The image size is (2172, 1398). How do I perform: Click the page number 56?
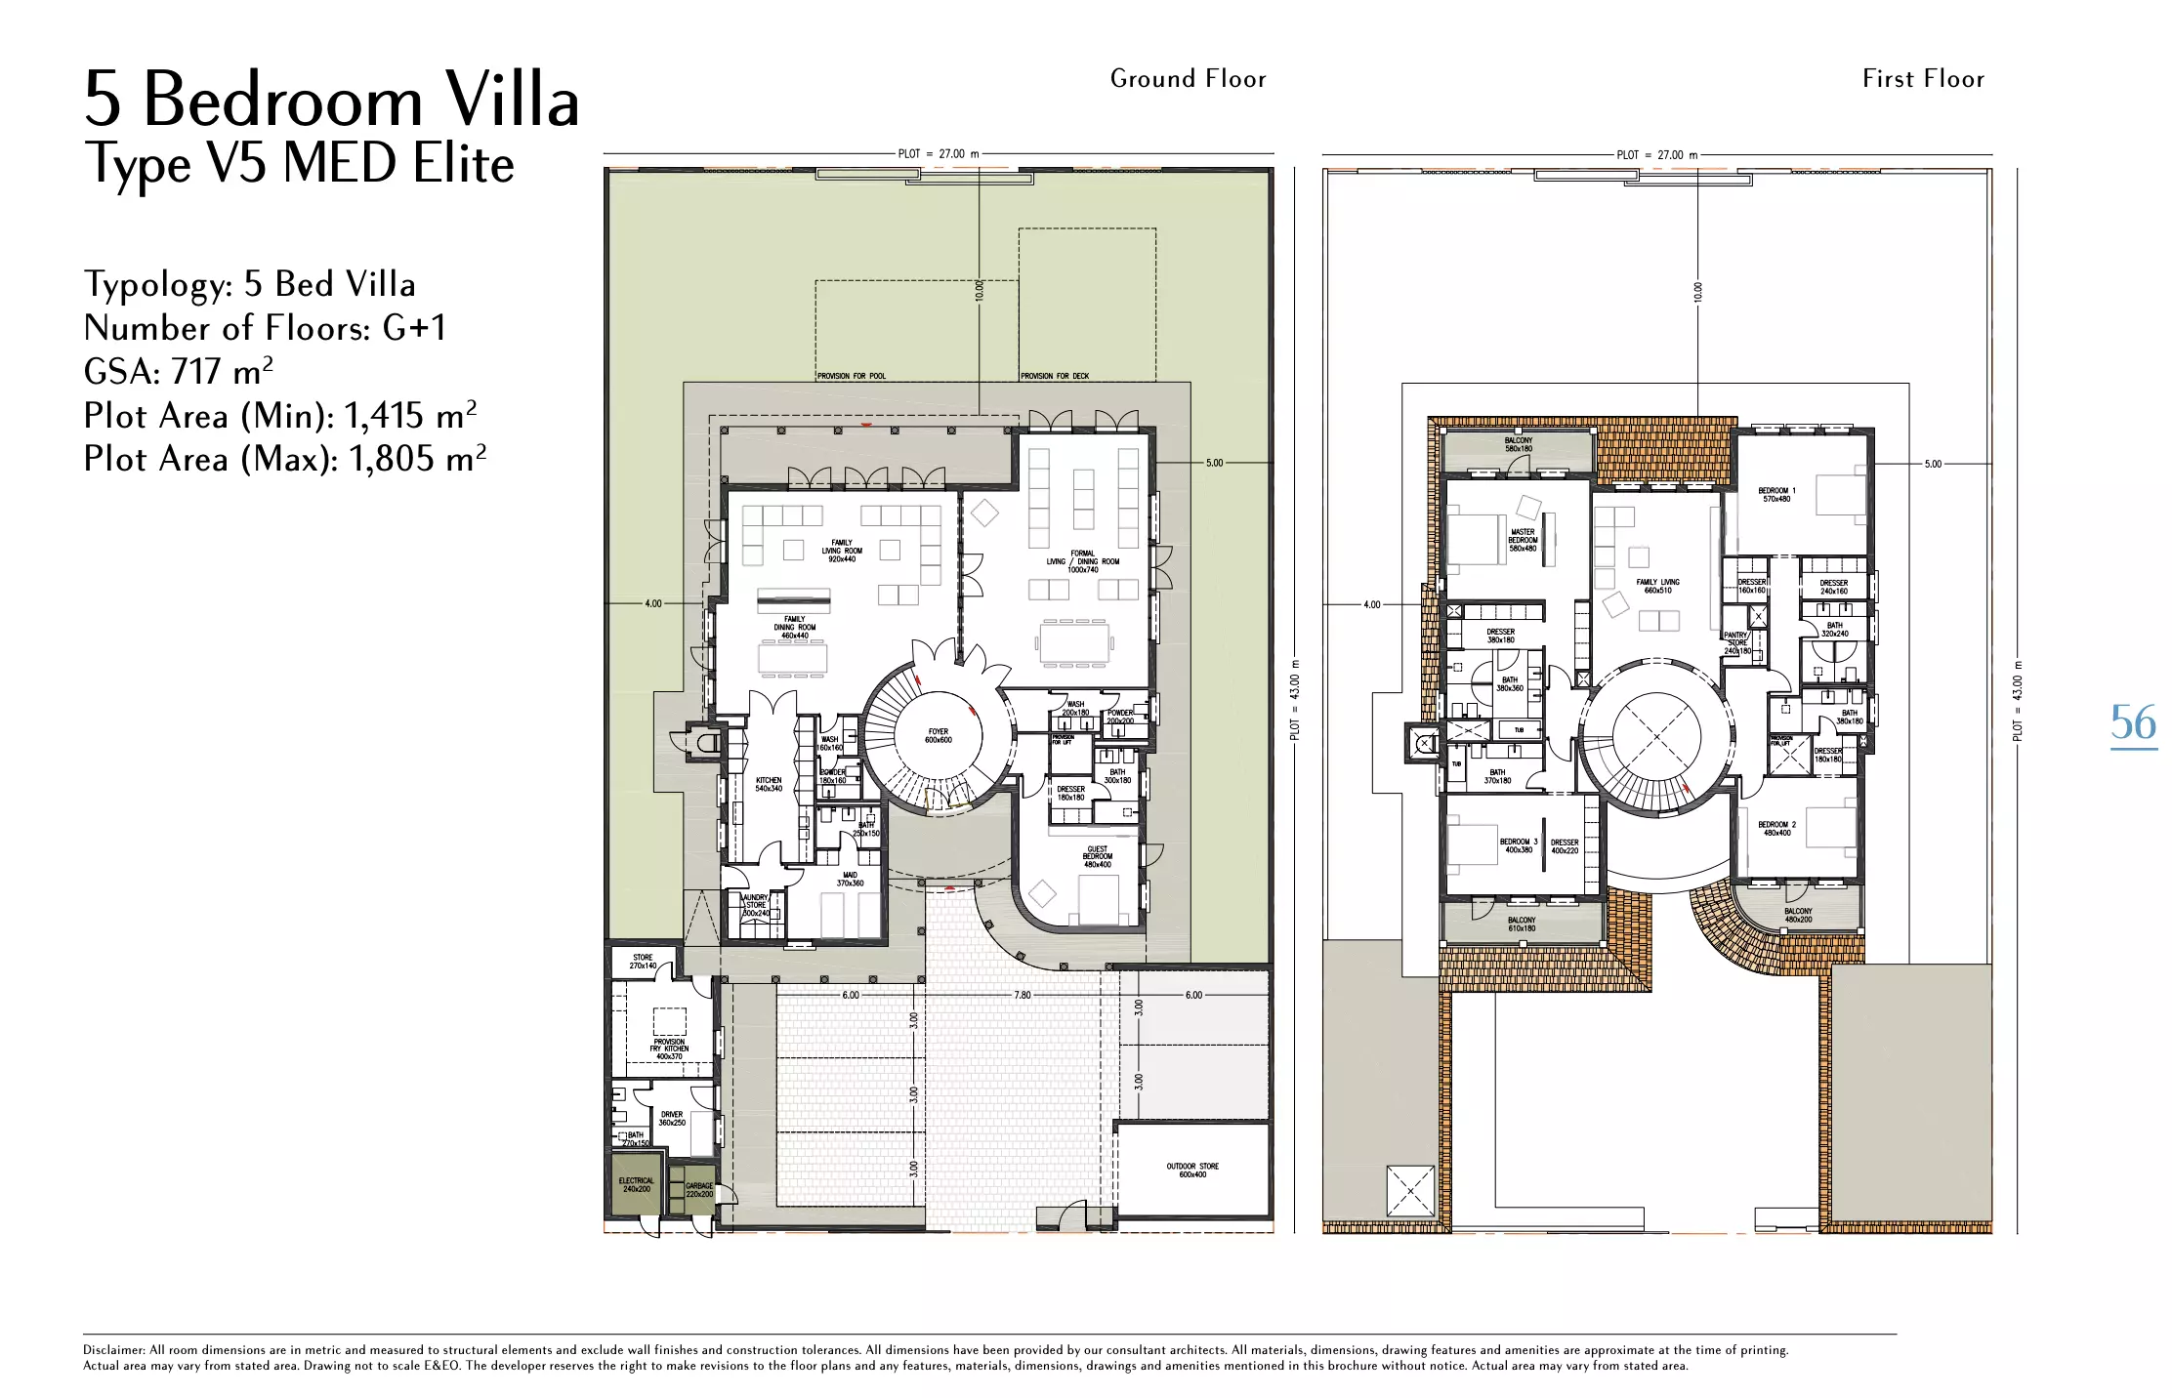point(2133,723)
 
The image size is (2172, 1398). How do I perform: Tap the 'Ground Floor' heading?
point(1188,79)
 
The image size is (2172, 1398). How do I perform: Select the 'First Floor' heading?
point(1923,79)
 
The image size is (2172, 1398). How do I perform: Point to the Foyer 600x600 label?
point(938,736)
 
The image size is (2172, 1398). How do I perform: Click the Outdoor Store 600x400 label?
point(1192,1171)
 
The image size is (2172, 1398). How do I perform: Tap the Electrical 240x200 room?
point(636,1185)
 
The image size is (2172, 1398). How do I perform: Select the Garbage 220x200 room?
point(699,1190)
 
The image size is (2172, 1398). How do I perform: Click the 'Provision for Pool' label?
point(851,376)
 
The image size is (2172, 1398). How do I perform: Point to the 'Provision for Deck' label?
point(1054,376)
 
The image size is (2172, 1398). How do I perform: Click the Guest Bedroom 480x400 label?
point(1097,857)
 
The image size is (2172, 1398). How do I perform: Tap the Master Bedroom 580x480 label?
point(1523,540)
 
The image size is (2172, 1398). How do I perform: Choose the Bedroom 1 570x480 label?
point(1776,495)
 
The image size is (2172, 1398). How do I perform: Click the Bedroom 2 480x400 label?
point(1776,829)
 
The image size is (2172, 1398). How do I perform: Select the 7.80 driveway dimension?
point(1022,996)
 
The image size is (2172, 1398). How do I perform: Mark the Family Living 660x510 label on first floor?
point(1658,586)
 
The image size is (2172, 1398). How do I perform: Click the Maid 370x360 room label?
point(850,879)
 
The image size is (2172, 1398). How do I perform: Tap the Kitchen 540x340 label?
point(769,784)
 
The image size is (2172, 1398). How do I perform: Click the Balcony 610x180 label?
point(1522,924)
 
